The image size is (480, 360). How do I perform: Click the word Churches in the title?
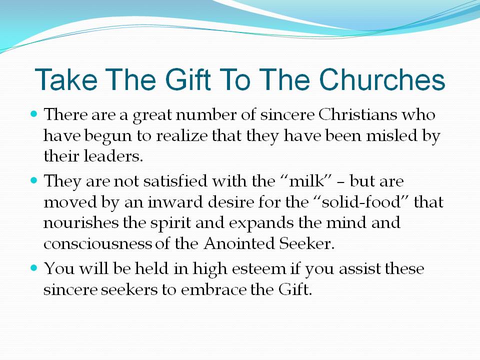tap(381, 79)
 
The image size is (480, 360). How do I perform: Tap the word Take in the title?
tap(66, 79)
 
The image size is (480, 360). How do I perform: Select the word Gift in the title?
tap(188, 79)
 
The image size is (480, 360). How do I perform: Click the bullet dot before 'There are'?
tap(34, 114)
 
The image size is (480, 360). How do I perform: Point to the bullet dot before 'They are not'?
tap(34, 180)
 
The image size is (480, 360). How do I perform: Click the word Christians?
tap(357, 115)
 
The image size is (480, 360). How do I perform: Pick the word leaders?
tap(113, 156)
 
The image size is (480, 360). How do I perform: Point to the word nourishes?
tap(81, 222)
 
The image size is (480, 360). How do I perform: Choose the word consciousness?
tap(97, 244)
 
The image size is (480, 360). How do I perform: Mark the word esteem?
tap(258, 269)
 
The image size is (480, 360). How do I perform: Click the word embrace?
tap(213, 289)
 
